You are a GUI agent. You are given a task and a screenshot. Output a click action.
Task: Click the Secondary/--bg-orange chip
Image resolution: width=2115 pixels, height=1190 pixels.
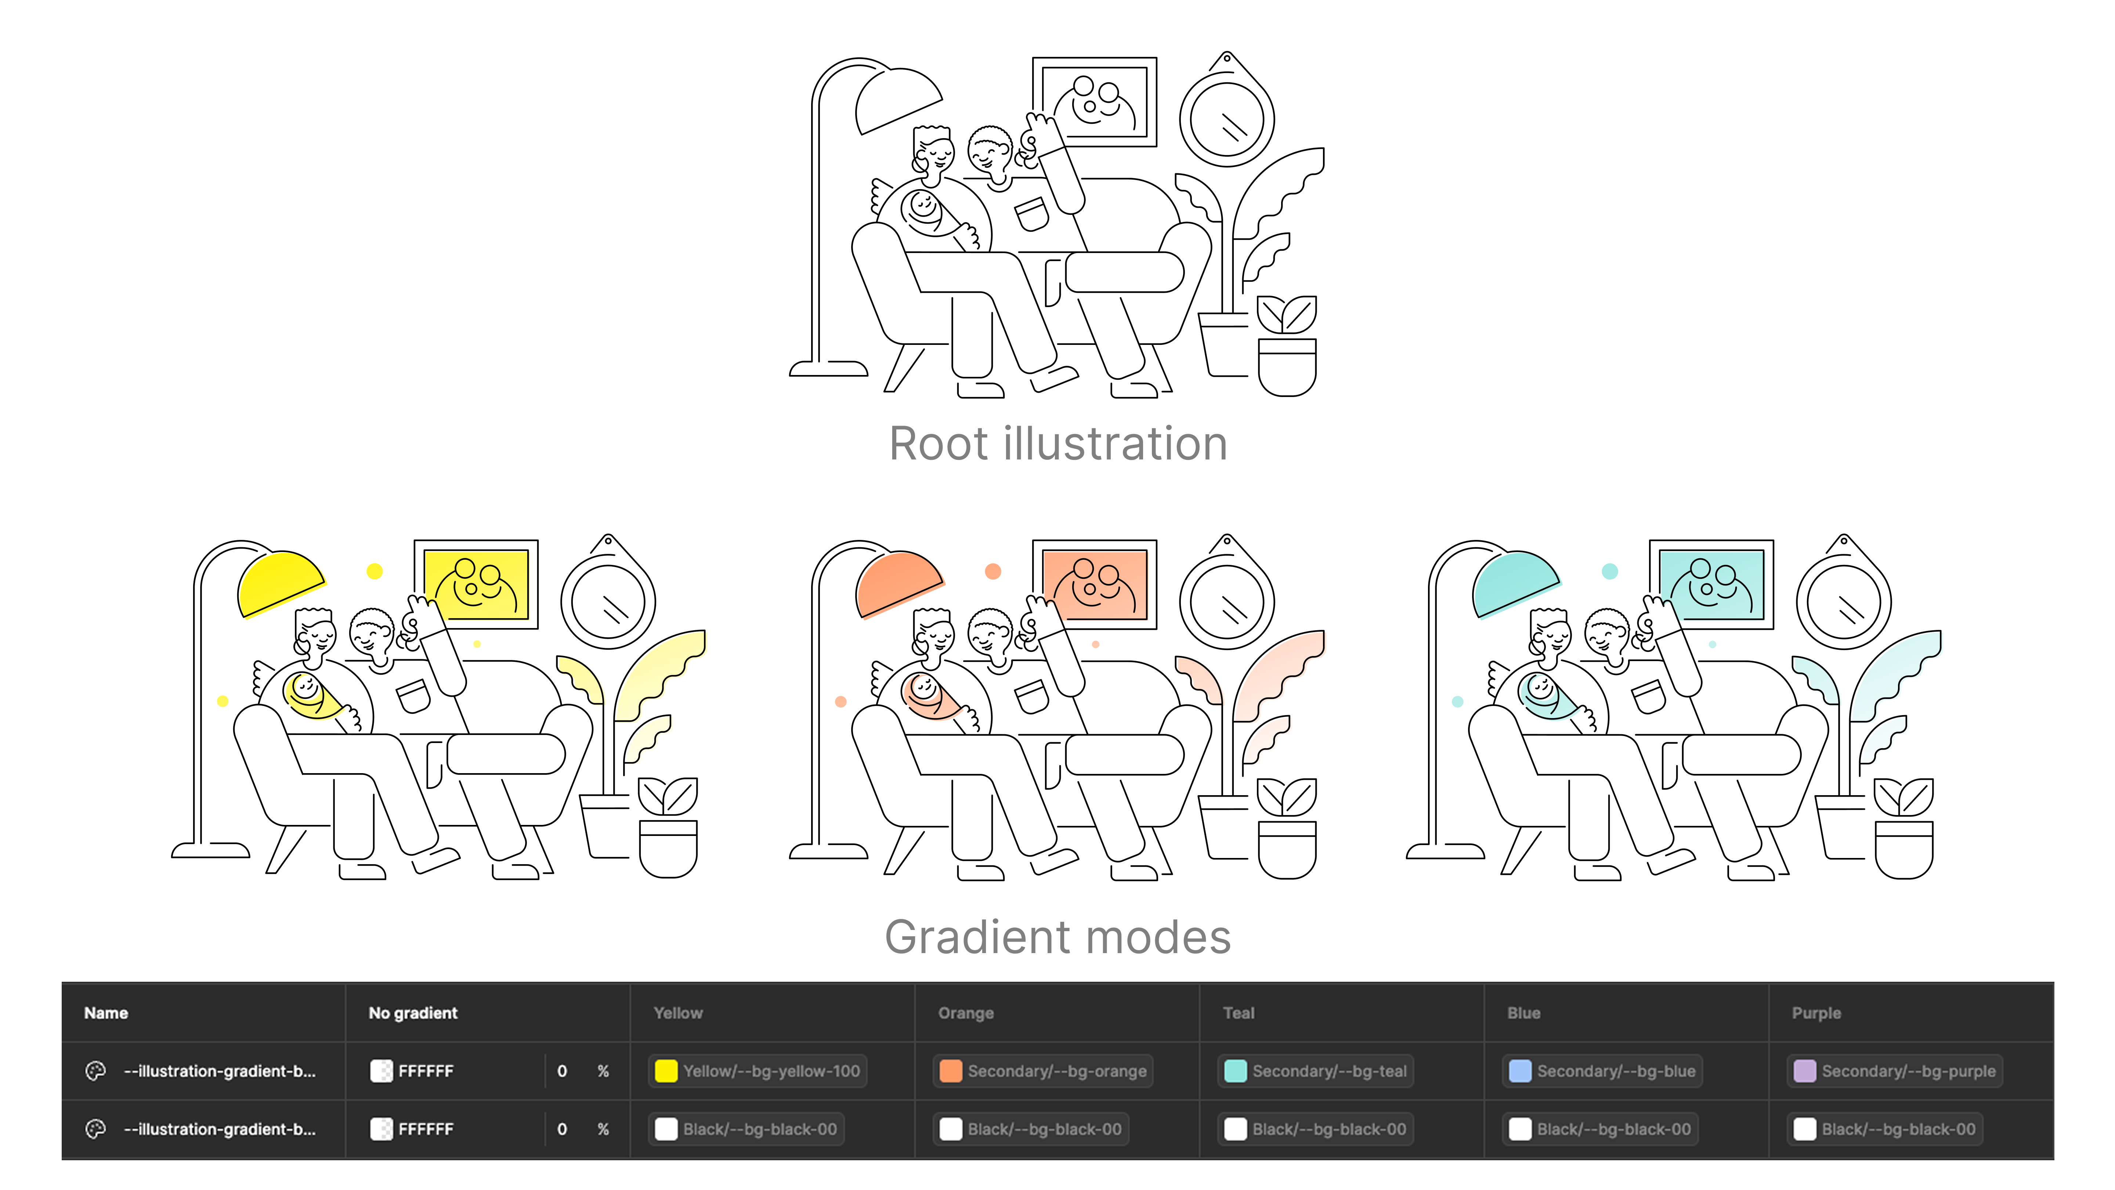click(x=1043, y=1071)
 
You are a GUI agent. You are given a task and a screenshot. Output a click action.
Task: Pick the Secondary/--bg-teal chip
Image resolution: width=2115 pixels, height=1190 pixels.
click(x=1315, y=1071)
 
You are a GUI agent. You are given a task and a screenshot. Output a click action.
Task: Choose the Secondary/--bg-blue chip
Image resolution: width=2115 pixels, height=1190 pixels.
click(x=1602, y=1071)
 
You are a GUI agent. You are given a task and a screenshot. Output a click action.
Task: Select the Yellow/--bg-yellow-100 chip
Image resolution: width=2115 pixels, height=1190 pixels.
click(x=757, y=1071)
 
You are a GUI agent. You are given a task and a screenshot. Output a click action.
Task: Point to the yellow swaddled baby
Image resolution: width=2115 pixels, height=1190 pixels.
click(x=310, y=696)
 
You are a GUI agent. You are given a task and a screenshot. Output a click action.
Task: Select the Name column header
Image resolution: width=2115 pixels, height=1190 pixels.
click(x=106, y=1013)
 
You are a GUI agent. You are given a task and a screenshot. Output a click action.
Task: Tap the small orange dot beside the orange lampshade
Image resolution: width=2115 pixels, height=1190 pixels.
click(x=993, y=571)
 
